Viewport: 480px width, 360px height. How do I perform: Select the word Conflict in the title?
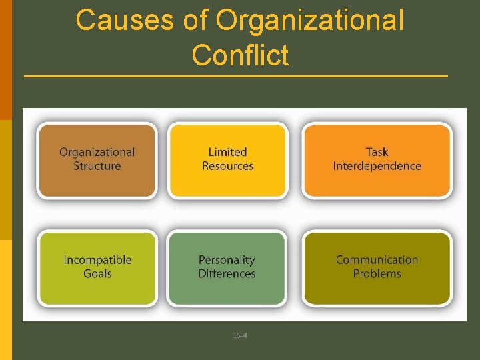click(x=240, y=55)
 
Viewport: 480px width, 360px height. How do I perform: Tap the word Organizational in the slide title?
click(x=310, y=21)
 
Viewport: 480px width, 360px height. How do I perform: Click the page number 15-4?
click(x=240, y=335)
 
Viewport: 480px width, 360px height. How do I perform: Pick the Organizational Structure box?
click(x=97, y=159)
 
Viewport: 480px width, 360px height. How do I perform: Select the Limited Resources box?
click(x=227, y=159)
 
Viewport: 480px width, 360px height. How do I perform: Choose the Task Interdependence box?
click(x=377, y=159)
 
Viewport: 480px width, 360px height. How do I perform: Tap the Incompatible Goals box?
click(x=97, y=267)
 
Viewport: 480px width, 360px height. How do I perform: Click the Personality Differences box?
click(x=227, y=267)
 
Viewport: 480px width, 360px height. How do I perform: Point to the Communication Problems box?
click(x=377, y=267)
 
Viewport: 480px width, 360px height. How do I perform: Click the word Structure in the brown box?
click(x=97, y=166)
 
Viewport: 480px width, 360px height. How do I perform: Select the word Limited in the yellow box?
click(x=227, y=152)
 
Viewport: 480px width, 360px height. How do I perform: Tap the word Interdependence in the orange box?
click(x=377, y=166)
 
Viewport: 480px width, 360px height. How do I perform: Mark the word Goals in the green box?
click(x=97, y=274)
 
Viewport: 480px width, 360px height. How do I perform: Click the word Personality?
click(x=227, y=260)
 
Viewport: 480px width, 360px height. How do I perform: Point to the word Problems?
click(x=377, y=274)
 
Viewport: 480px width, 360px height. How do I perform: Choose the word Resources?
click(x=227, y=166)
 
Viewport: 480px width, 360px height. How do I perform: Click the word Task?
click(x=377, y=152)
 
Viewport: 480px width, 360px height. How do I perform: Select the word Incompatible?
click(x=97, y=260)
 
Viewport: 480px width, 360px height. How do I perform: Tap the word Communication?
click(x=377, y=260)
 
